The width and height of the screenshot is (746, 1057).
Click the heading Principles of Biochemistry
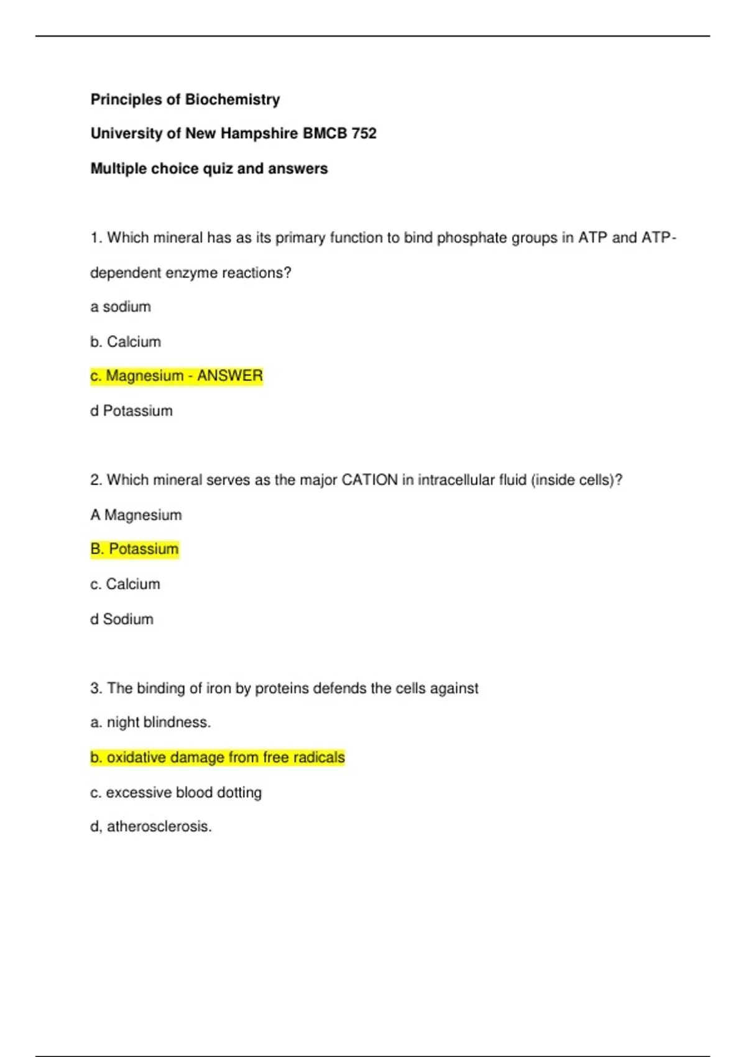click(x=185, y=99)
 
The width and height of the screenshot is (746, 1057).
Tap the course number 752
click(x=364, y=134)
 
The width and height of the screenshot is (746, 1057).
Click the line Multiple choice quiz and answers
click(x=209, y=168)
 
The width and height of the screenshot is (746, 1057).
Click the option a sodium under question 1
click(x=121, y=307)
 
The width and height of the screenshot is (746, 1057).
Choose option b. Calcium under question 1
click(x=126, y=341)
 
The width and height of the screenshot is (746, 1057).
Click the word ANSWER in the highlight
click(x=229, y=376)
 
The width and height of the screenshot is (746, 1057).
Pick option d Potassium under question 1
click(x=131, y=410)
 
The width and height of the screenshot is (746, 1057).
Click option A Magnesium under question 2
click(x=136, y=515)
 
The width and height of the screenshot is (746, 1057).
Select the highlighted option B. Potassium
click(x=135, y=549)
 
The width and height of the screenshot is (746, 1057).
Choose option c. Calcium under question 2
click(x=125, y=584)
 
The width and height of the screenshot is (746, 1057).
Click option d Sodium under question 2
click(x=122, y=619)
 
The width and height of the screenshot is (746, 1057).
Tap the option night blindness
click(x=151, y=722)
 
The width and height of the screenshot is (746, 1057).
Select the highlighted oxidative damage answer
click(x=218, y=757)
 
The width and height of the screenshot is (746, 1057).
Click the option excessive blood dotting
click(x=176, y=792)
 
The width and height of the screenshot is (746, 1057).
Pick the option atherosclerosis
click(x=151, y=826)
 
